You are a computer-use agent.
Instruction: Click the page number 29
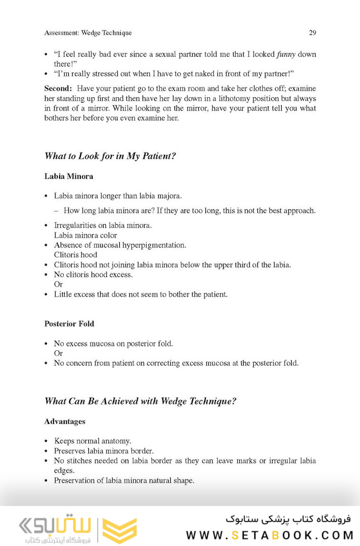point(312,33)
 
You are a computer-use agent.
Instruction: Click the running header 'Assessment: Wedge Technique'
point(88,33)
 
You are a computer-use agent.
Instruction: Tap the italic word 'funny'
point(286,54)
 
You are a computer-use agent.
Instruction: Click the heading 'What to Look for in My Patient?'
point(110,156)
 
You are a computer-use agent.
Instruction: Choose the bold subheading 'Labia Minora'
point(69,177)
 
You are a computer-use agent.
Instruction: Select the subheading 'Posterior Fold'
point(69,324)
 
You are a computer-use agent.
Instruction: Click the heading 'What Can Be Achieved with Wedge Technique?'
point(141,401)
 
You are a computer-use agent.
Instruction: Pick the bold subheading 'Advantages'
point(65,422)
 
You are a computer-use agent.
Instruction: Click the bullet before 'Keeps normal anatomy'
point(47,441)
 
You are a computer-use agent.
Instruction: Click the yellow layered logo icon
point(120,530)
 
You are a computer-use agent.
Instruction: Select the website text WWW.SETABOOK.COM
point(268,535)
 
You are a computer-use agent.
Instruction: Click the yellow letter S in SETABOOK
point(236,535)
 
